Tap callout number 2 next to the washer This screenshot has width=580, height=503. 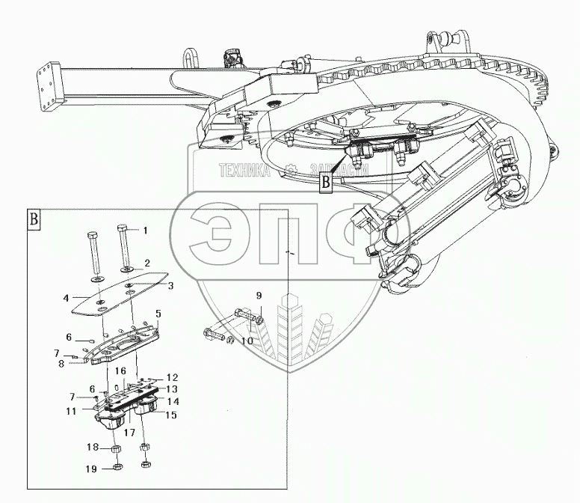click(x=147, y=263)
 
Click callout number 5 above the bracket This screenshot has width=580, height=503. click(x=158, y=312)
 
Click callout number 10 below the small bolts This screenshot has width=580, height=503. click(x=247, y=341)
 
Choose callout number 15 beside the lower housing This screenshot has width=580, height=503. click(x=170, y=415)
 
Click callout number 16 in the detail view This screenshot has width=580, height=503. click(x=120, y=371)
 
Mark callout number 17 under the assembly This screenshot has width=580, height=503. click(x=129, y=432)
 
